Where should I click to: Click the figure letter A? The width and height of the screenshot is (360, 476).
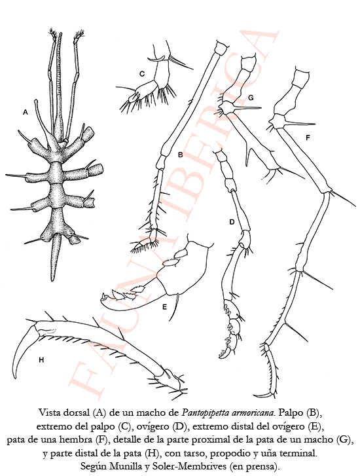(x=25, y=113)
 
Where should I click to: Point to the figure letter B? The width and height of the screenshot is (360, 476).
(x=180, y=155)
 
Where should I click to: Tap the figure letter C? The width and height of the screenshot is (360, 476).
(x=142, y=74)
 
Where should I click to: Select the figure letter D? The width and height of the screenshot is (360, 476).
(x=232, y=222)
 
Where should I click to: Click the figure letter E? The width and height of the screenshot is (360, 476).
(x=164, y=307)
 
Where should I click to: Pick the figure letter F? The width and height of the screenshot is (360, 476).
(x=308, y=137)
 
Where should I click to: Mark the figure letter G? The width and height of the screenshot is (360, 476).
(x=251, y=98)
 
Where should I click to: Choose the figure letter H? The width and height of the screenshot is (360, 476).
(x=41, y=360)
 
